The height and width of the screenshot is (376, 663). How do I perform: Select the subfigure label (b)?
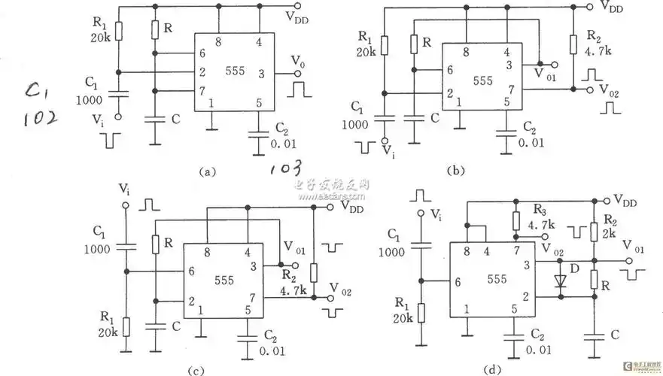coord(455,171)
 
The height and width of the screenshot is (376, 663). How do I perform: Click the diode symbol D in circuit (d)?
coord(558,280)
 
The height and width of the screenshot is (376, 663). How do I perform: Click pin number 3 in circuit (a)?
coord(260,74)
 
